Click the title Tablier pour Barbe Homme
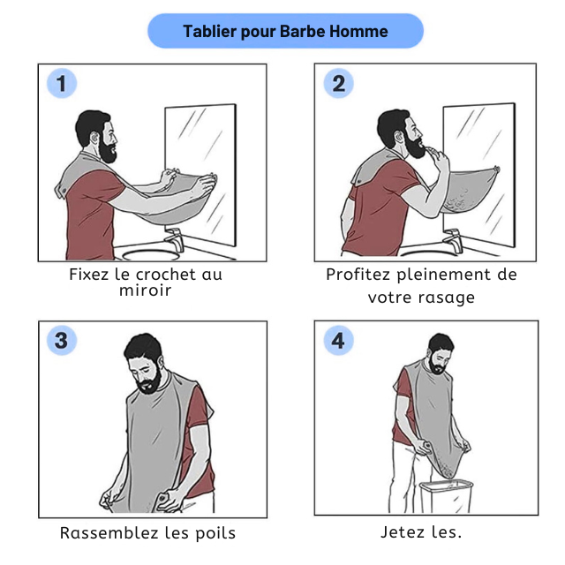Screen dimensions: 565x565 point(285,32)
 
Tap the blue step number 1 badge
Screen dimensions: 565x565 point(62,83)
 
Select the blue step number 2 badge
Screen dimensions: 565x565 point(338,83)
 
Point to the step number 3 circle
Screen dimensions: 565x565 point(62,340)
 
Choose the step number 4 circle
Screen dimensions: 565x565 point(338,340)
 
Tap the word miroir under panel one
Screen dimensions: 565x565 point(145,290)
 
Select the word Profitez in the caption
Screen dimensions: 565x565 point(358,275)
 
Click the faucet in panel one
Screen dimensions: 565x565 point(175,238)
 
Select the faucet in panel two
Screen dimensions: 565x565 point(453,240)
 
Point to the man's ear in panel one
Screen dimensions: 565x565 point(94,138)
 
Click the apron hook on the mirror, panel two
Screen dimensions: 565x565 point(496,169)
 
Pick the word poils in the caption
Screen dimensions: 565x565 point(215,533)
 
